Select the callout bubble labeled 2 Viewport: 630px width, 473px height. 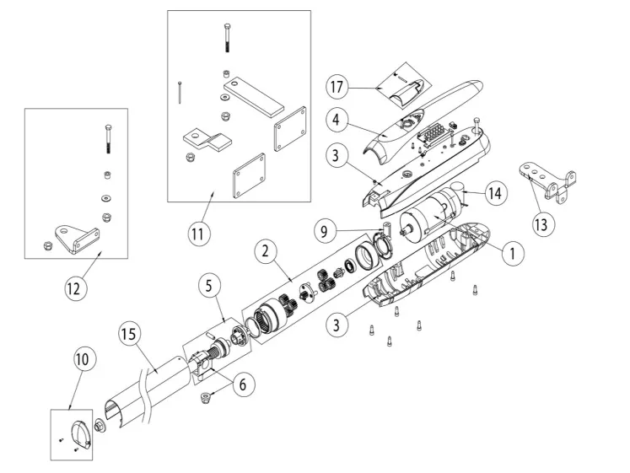click(x=266, y=250)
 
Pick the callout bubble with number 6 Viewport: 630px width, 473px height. click(x=242, y=384)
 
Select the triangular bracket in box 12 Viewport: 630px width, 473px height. click(x=77, y=238)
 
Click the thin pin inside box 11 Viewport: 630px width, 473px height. click(x=180, y=91)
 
